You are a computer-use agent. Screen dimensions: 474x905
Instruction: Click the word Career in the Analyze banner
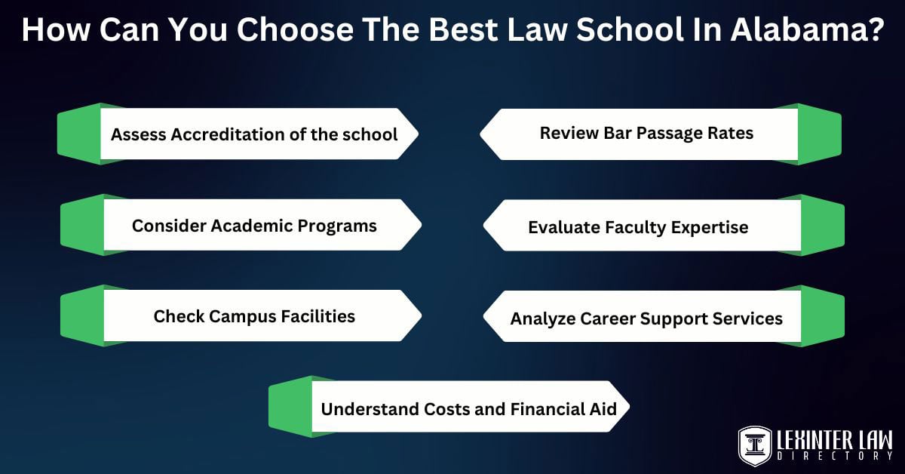point(611,318)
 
